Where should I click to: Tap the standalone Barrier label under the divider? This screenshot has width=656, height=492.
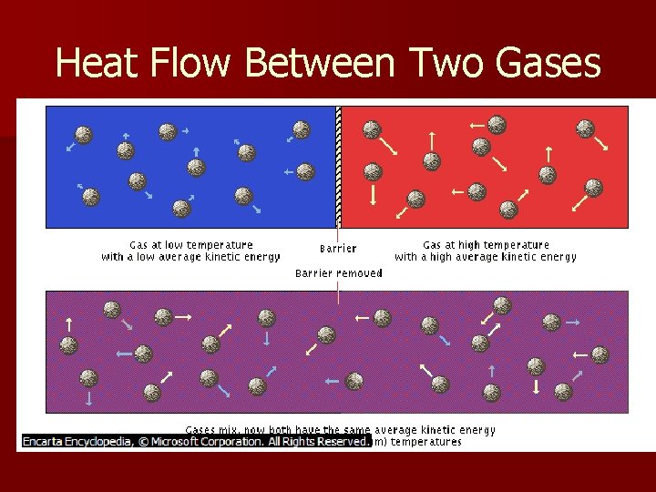pyautogui.click(x=338, y=249)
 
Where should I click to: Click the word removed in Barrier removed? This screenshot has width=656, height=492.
pyautogui.click(x=360, y=272)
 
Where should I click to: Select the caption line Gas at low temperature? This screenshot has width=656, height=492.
pyautogui.click(x=190, y=244)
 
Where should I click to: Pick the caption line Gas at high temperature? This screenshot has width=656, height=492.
pyautogui.click(x=486, y=244)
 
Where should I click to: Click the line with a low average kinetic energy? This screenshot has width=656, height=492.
pyautogui.click(x=190, y=257)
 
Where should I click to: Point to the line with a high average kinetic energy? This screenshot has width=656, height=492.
pyautogui.click(x=486, y=257)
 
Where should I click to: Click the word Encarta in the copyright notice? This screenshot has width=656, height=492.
pyautogui.click(x=48, y=442)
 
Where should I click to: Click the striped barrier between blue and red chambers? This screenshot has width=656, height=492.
pyautogui.click(x=338, y=164)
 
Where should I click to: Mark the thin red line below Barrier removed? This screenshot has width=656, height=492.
pyautogui.click(x=338, y=292)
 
